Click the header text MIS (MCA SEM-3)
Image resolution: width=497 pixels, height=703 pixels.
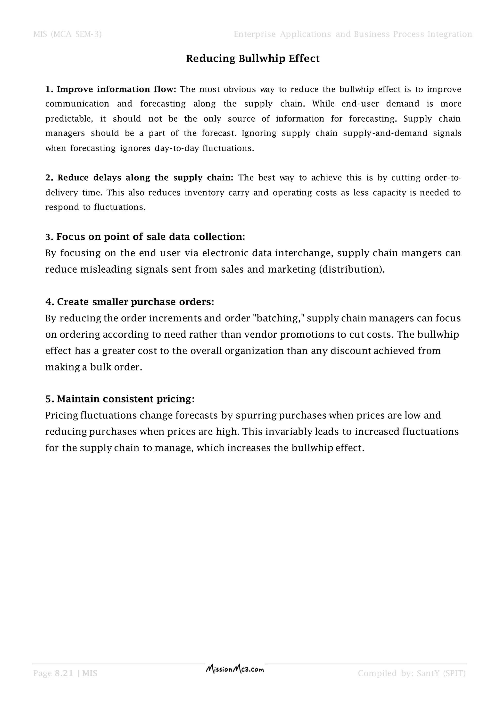[x=67, y=34]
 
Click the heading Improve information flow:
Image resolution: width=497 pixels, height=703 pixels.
[x=116, y=89]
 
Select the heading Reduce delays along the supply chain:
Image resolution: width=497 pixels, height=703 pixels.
[x=145, y=178]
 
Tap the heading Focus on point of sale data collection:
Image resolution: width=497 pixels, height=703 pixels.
[x=150, y=237]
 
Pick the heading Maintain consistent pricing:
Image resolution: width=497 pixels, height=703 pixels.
[x=125, y=399]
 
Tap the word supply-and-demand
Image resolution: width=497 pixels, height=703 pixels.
[x=385, y=133]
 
